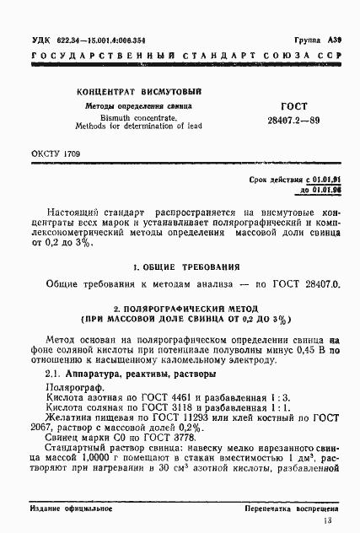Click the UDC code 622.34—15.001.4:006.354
pyautogui.click(x=96, y=41)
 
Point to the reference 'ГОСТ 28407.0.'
pyautogui.click(x=307, y=283)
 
